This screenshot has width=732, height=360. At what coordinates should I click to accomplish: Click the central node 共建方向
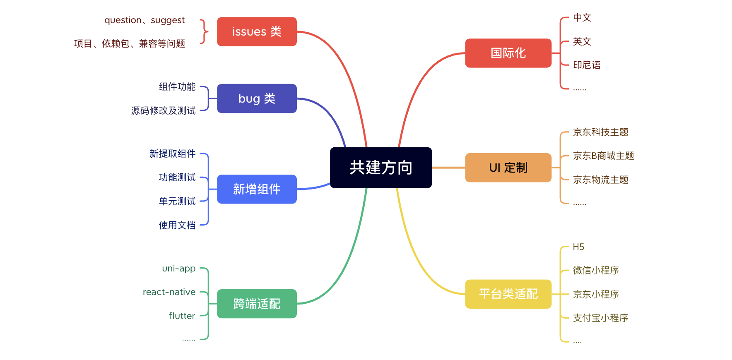381,168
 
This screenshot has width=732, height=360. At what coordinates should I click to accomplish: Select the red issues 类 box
257,31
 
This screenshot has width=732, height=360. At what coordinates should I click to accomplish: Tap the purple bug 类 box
257,98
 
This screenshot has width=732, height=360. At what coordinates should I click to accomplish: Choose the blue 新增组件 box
257,189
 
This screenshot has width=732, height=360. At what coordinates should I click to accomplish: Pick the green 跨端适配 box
257,304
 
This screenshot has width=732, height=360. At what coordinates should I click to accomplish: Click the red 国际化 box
508,53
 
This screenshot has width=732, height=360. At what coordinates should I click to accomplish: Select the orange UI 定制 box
508,168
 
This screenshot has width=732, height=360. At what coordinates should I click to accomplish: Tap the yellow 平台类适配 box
508,294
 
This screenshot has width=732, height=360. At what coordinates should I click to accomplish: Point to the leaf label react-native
169,292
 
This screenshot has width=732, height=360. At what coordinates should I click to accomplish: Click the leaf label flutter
182,316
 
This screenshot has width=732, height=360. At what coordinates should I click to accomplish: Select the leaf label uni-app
179,269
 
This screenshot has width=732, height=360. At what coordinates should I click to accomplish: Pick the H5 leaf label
578,247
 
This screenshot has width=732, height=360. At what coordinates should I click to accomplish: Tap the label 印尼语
587,65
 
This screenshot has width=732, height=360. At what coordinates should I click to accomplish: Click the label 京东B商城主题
603,156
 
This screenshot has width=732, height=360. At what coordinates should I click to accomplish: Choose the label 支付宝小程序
600,318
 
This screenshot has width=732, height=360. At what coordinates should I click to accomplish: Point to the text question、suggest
144,20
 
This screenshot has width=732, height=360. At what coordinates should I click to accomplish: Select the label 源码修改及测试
163,110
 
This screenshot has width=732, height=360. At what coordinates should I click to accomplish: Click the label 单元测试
177,201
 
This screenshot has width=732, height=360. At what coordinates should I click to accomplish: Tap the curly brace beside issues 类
204,31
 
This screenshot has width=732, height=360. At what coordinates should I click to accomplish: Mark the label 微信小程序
596,271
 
